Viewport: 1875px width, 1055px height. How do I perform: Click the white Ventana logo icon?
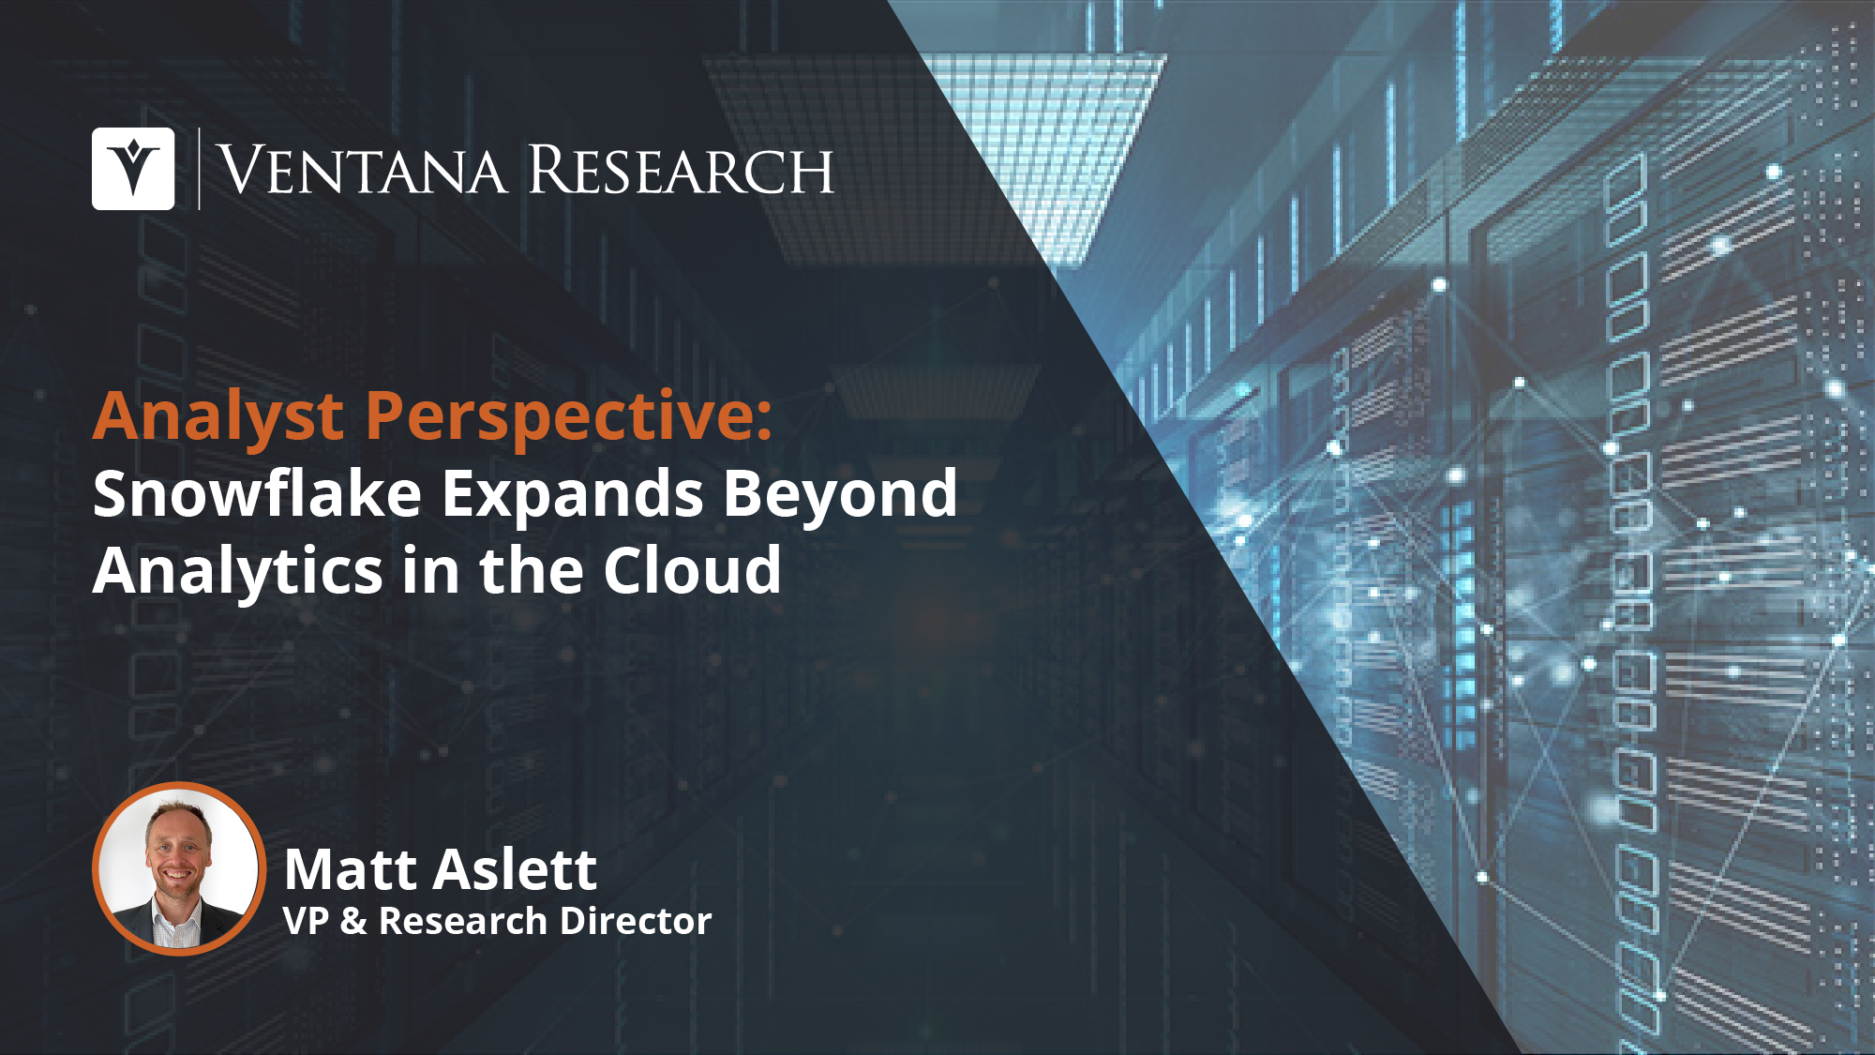tap(133, 169)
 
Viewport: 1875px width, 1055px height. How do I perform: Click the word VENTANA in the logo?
tap(362, 171)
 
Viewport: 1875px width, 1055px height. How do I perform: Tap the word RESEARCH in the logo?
tap(682, 171)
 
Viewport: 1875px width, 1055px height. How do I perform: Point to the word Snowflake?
tap(257, 494)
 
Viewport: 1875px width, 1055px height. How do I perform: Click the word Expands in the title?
tap(572, 494)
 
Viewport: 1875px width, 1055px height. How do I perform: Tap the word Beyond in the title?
tap(840, 494)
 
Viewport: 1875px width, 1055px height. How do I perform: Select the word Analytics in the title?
tap(238, 571)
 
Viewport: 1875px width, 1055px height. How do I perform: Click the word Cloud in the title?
tap(692, 570)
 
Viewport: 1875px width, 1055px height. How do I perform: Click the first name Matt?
tap(350, 869)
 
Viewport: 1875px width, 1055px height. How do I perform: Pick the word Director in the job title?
tap(646, 921)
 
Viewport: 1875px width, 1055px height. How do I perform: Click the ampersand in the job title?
tap(353, 921)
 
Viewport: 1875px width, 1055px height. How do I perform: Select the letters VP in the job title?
tap(306, 921)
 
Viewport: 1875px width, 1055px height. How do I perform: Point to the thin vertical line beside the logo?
tap(199, 169)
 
